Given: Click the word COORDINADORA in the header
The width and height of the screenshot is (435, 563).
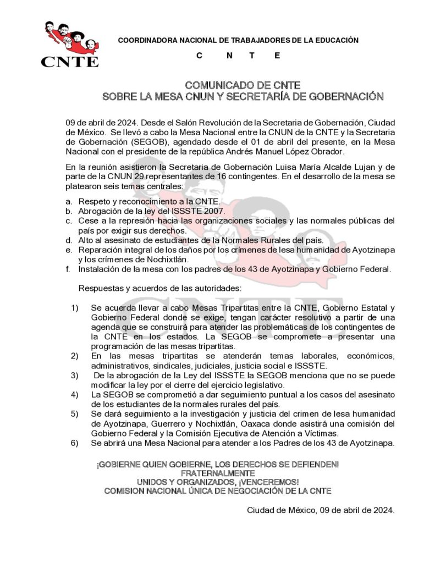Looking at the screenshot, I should [x=145, y=40].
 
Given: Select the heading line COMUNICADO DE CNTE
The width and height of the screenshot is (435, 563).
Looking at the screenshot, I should [x=243, y=85].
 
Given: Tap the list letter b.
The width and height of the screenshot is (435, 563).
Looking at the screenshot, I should [x=69, y=211].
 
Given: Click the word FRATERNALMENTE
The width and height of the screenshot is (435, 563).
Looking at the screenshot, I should [x=217, y=473].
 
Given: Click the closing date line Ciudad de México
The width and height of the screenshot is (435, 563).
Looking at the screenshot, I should [x=321, y=510].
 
